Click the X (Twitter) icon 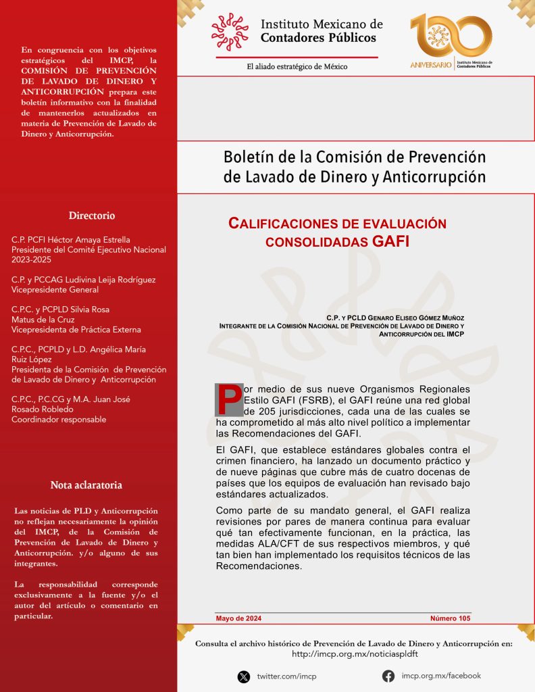click(244, 676)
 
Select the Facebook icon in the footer click(388, 676)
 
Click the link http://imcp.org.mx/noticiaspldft click(355, 654)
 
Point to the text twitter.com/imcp click(286, 676)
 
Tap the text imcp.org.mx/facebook click(441, 676)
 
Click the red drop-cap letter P click(228, 400)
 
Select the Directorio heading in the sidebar click(92, 216)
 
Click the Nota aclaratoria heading click(86, 485)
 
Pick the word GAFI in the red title click(390, 241)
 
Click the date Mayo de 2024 click(238, 618)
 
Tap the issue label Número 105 click(450, 618)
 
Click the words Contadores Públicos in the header click(318, 38)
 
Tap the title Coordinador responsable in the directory click(59, 419)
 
